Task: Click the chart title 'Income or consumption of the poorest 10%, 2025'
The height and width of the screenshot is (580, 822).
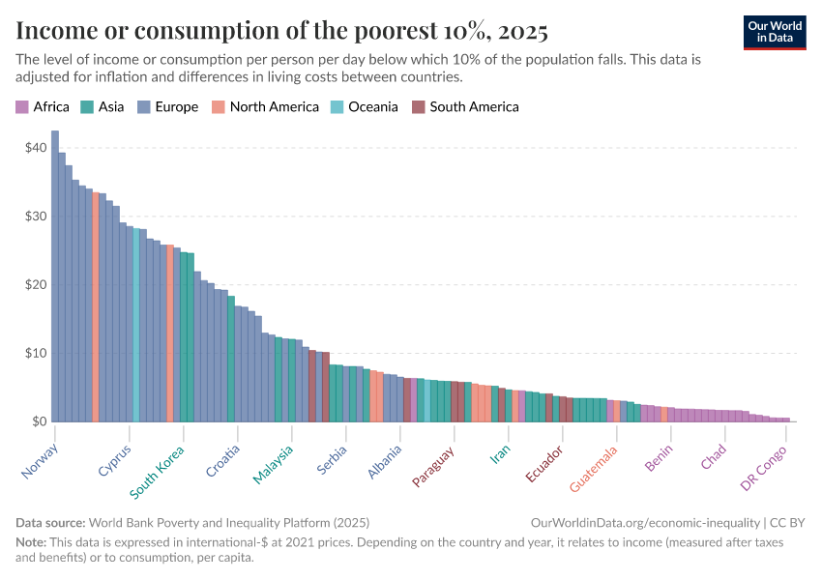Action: pyautogui.click(x=282, y=31)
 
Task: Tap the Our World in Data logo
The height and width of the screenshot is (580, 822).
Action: pyautogui.click(x=774, y=31)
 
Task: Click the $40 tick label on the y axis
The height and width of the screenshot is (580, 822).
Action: pyautogui.click(x=36, y=148)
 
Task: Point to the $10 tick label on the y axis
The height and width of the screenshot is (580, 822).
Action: pyautogui.click(x=36, y=353)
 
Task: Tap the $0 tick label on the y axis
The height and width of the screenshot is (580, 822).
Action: pyautogui.click(x=39, y=421)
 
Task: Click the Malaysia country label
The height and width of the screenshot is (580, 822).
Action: pyautogui.click(x=274, y=465)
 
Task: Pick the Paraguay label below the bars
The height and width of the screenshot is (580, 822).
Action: pyautogui.click(x=433, y=466)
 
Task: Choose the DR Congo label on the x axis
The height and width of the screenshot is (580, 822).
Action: pyautogui.click(x=764, y=467)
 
